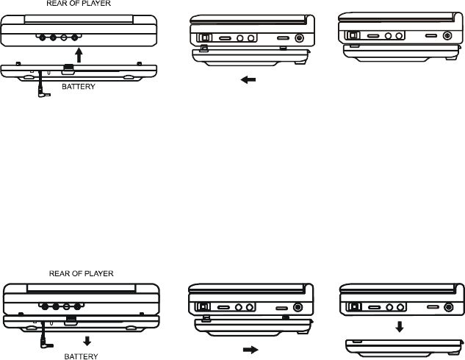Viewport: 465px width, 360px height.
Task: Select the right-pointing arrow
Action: [252, 350]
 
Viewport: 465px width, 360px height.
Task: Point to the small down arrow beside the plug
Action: [87, 340]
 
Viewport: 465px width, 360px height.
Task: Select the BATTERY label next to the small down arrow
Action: [81, 355]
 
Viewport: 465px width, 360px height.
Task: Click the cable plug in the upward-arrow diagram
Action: [40, 94]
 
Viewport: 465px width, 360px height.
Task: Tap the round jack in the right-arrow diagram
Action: [298, 309]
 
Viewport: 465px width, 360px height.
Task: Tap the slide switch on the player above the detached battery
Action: [354, 307]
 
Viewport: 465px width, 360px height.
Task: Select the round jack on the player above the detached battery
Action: [447, 307]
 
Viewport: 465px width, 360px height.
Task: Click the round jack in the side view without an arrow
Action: [447, 35]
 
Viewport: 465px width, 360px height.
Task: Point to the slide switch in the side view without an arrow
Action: [353, 35]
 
